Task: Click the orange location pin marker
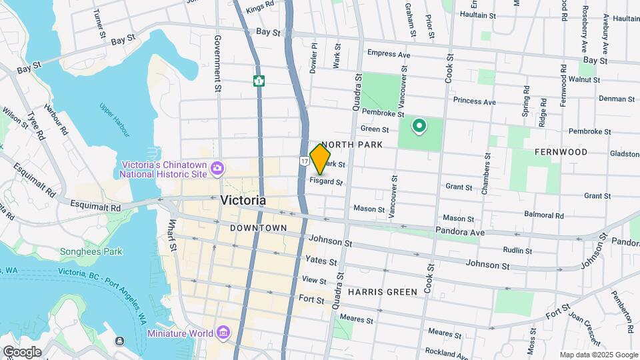pyautogui.click(x=321, y=159)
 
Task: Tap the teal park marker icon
pyautogui.click(x=419, y=125)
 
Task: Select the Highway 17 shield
pyautogui.click(x=304, y=161)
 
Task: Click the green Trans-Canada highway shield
pyautogui.click(x=259, y=81)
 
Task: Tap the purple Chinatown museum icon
pyautogui.click(x=217, y=169)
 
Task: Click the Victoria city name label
pyautogui.click(x=243, y=200)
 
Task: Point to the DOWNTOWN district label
pyautogui.click(x=258, y=228)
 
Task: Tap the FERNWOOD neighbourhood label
pyautogui.click(x=561, y=152)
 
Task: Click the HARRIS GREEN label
pyautogui.click(x=382, y=292)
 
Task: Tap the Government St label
pyautogui.click(x=217, y=64)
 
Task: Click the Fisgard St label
pyautogui.click(x=327, y=181)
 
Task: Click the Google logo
pyautogui.click(x=21, y=351)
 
